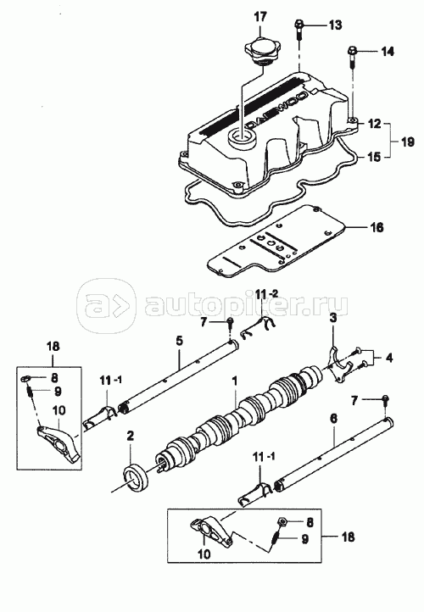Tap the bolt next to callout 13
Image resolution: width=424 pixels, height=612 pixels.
[x=298, y=30]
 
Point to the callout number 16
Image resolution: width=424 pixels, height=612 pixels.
[x=377, y=227]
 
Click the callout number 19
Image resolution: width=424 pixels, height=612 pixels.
[x=407, y=141]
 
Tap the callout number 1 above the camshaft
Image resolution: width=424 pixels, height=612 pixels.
[x=235, y=381]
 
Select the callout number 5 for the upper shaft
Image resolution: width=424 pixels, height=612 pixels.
[x=179, y=341]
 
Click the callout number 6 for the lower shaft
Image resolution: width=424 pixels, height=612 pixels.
[x=333, y=419]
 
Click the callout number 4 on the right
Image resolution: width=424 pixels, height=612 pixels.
[x=389, y=358]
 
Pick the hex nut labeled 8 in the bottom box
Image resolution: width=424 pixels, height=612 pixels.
[x=282, y=521]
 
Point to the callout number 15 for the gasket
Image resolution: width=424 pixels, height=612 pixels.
[x=374, y=158]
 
